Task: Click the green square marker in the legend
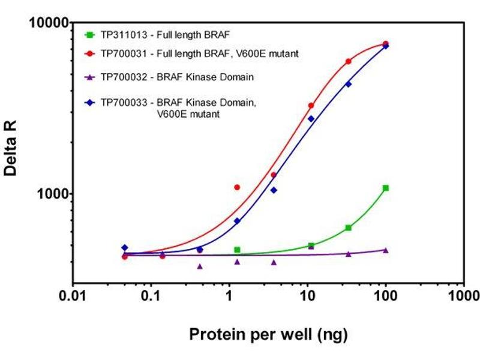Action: [89, 34]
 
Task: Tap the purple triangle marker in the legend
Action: [89, 77]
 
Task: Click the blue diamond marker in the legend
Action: [89, 103]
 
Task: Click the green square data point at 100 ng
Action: [385, 188]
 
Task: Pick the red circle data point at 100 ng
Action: [385, 44]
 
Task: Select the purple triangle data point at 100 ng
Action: [385, 250]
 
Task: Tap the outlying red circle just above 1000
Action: [237, 187]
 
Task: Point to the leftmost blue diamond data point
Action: [125, 247]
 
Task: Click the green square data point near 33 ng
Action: [348, 228]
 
